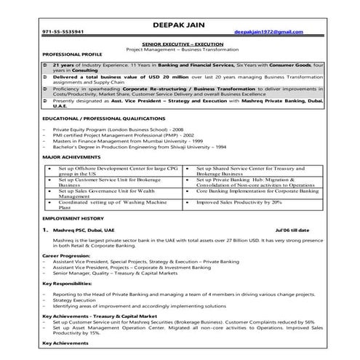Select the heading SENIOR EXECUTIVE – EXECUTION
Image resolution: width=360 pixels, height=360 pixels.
[180, 44]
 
